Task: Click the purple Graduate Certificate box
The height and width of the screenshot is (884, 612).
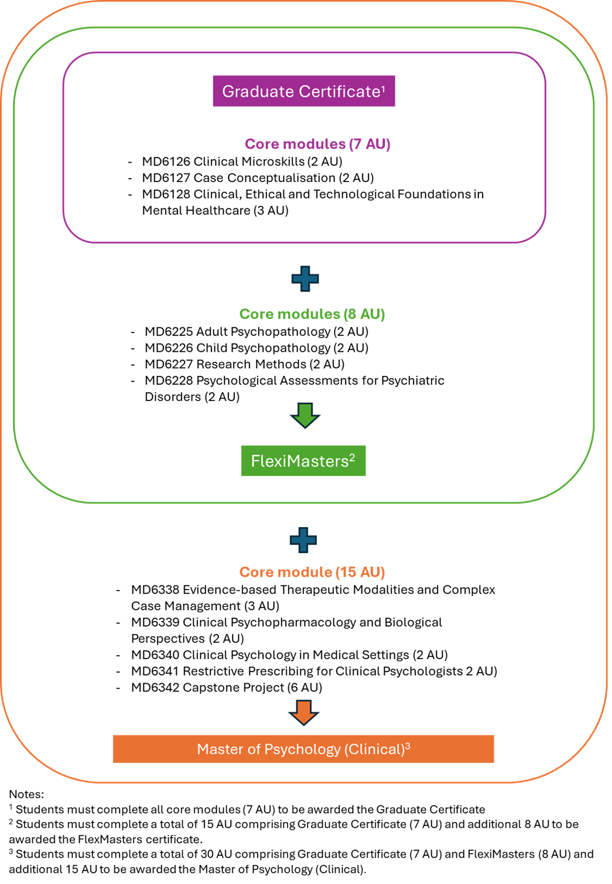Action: point(303,91)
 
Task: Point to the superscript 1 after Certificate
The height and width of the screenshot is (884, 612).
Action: point(384,88)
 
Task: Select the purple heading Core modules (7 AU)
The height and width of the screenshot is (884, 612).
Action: point(317,144)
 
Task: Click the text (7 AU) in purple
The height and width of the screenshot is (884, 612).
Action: point(370,144)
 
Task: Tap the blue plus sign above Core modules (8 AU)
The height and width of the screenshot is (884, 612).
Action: point(305,279)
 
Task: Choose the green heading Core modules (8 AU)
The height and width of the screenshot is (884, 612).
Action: point(312,314)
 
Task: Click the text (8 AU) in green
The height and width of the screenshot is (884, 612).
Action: point(365,314)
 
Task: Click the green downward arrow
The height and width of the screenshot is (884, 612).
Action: point(305,414)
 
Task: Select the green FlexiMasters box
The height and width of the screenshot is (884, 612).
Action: point(303,461)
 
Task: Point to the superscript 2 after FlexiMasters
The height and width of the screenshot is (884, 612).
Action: point(352,457)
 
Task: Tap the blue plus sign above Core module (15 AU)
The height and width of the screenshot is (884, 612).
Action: point(303,540)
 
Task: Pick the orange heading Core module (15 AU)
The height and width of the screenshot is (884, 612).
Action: point(312,572)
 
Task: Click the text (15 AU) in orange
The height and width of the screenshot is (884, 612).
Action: point(361,572)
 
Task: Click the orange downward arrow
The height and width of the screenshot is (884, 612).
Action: point(303,712)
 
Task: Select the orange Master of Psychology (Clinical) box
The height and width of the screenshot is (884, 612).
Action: point(303,749)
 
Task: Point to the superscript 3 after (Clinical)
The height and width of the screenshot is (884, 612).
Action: point(408,746)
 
